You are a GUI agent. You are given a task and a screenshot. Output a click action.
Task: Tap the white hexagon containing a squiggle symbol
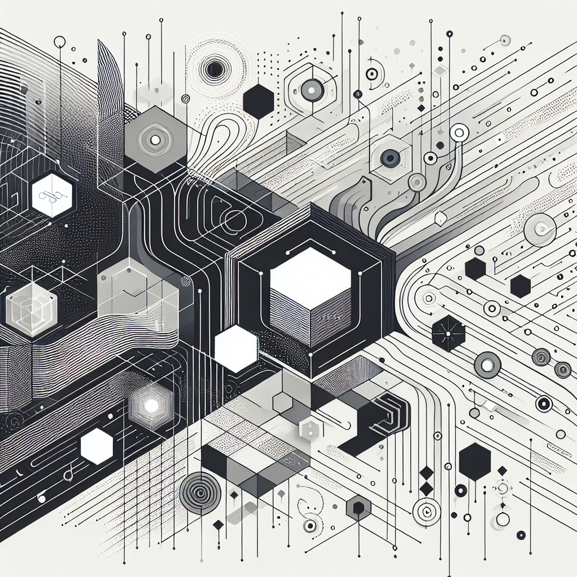point(52,195)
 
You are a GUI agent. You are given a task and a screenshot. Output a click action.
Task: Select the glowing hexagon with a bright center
point(150,405)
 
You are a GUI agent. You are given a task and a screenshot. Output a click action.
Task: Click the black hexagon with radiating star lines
point(449,332)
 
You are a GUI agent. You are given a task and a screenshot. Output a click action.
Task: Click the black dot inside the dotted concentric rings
point(214,70)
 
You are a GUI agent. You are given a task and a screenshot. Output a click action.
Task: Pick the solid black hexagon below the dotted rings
point(259,101)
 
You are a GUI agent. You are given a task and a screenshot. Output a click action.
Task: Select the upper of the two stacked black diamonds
point(427,472)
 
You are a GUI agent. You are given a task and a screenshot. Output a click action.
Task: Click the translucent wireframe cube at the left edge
point(31,307)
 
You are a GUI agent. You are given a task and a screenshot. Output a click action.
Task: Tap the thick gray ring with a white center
point(487,365)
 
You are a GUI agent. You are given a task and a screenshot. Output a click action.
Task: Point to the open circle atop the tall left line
point(59,42)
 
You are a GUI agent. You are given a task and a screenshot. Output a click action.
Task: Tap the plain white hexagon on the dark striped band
point(97,446)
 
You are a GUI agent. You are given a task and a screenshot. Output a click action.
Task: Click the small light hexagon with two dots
point(308,429)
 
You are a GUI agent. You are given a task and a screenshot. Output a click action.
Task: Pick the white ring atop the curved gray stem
point(460,133)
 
